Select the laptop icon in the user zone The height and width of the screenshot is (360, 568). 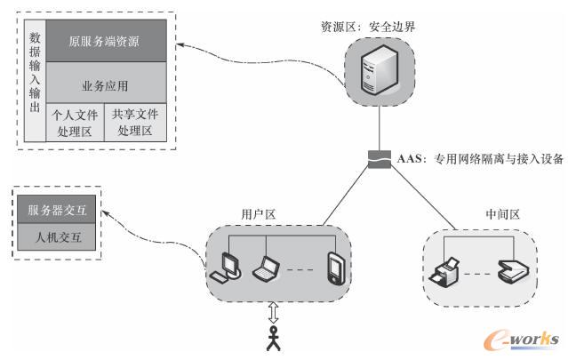click(x=266, y=266)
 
